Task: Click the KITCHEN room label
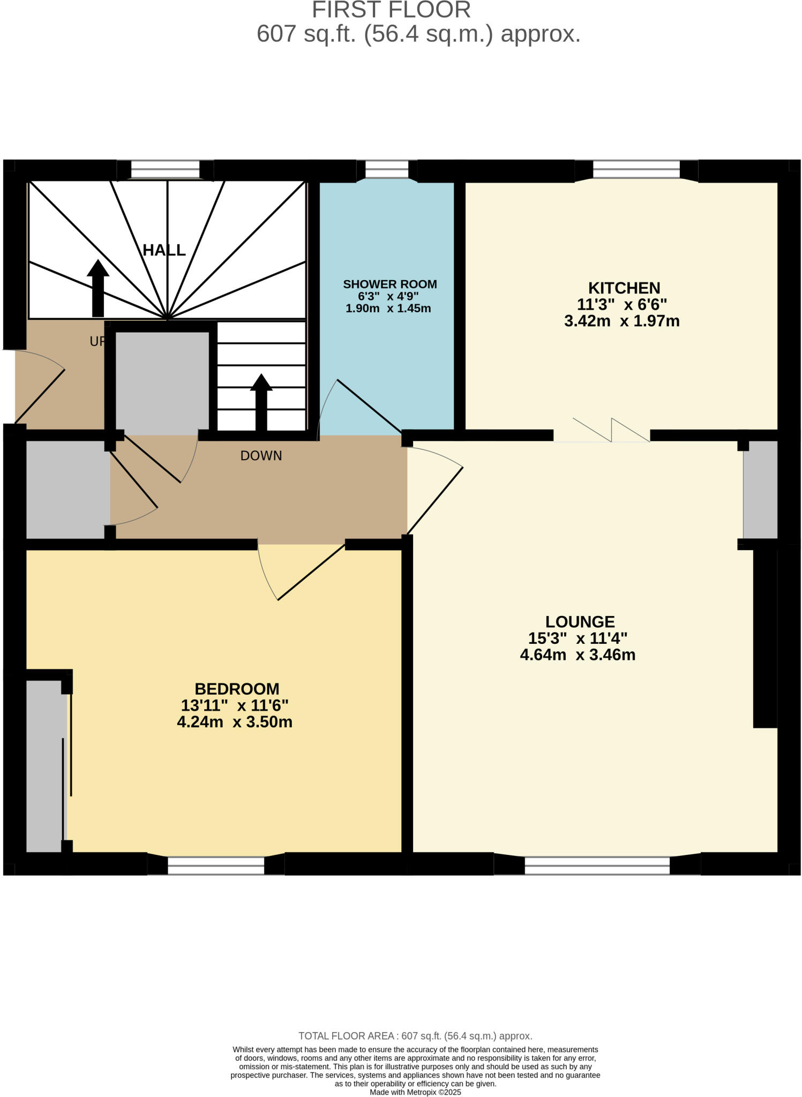click(x=624, y=288)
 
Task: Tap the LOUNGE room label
click(x=580, y=622)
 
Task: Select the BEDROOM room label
click(x=237, y=689)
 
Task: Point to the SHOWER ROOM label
click(x=390, y=284)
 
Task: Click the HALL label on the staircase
click(x=164, y=250)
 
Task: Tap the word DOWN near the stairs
click(x=261, y=456)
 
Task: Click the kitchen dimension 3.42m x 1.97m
click(x=621, y=321)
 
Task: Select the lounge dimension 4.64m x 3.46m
click(x=578, y=655)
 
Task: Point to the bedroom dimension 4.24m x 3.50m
click(x=235, y=722)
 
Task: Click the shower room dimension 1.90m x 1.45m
click(x=388, y=309)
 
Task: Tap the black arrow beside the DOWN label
click(x=261, y=402)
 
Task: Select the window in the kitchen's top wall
click(x=636, y=170)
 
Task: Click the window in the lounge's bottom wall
click(x=597, y=866)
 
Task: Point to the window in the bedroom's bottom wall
click(x=216, y=866)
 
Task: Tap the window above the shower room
click(x=386, y=170)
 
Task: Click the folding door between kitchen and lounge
click(x=611, y=431)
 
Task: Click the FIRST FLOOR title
click(x=391, y=10)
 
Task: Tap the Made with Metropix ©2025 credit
click(x=415, y=1092)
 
